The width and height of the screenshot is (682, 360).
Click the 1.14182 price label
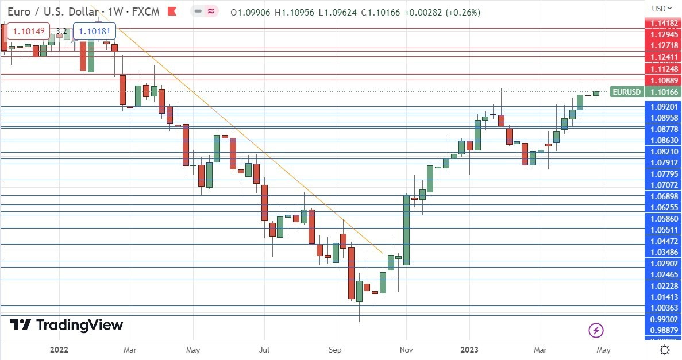pos(664,22)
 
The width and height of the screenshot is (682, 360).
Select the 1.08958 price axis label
pos(664,118)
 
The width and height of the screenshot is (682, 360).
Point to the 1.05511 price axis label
pos(664,229)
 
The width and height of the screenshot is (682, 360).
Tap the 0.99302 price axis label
pos(664,319)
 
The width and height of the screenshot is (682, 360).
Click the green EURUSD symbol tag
pos(626,92)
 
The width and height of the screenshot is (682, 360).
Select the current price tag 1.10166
pos(664,92)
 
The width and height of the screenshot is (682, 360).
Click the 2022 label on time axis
pos(59,349)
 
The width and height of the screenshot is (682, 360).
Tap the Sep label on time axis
pos(335,349)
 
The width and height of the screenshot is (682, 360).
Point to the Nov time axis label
pos(406,349)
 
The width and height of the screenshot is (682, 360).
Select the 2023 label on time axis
pos(469,349)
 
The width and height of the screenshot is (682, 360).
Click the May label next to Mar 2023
pos(603,349)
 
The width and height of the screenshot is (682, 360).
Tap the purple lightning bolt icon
pos(596,330)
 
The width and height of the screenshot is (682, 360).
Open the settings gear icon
pos(665,349)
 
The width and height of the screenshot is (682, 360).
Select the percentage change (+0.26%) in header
pos(464,13)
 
